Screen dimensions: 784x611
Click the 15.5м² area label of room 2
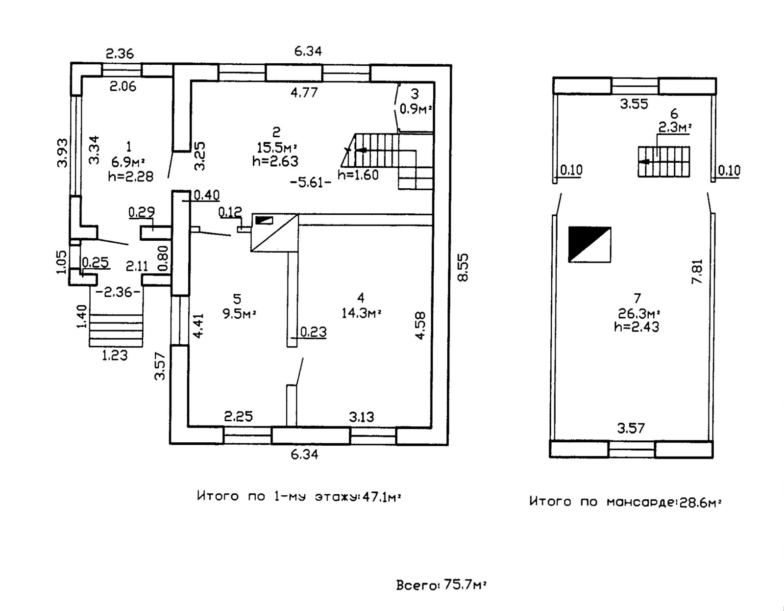pos(277,147)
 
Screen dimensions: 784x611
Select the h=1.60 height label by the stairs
pos(358,175)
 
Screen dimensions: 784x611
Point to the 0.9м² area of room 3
pos(416,108)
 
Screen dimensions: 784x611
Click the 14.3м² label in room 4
pos(361,313)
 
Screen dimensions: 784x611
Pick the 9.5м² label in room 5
pos(239,314)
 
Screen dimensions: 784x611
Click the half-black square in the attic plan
pos(589,244)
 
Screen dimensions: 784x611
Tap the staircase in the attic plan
pos(664,161)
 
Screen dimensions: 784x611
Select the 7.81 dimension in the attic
pos(697,271)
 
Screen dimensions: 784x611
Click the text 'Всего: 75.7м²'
pos(441,585)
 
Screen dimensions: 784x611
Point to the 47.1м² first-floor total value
pos(382,497)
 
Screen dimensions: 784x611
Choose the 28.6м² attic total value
pos(700,502)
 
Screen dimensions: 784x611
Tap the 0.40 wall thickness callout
pos(207,195)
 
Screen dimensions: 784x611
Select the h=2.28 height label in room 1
pos(131,177)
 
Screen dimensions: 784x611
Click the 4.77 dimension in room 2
pos(304,93)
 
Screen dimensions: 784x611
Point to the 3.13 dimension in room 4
pos(361,417)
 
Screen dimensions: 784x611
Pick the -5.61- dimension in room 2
pos(311,183)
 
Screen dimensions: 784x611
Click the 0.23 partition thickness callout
pos(313,331)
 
